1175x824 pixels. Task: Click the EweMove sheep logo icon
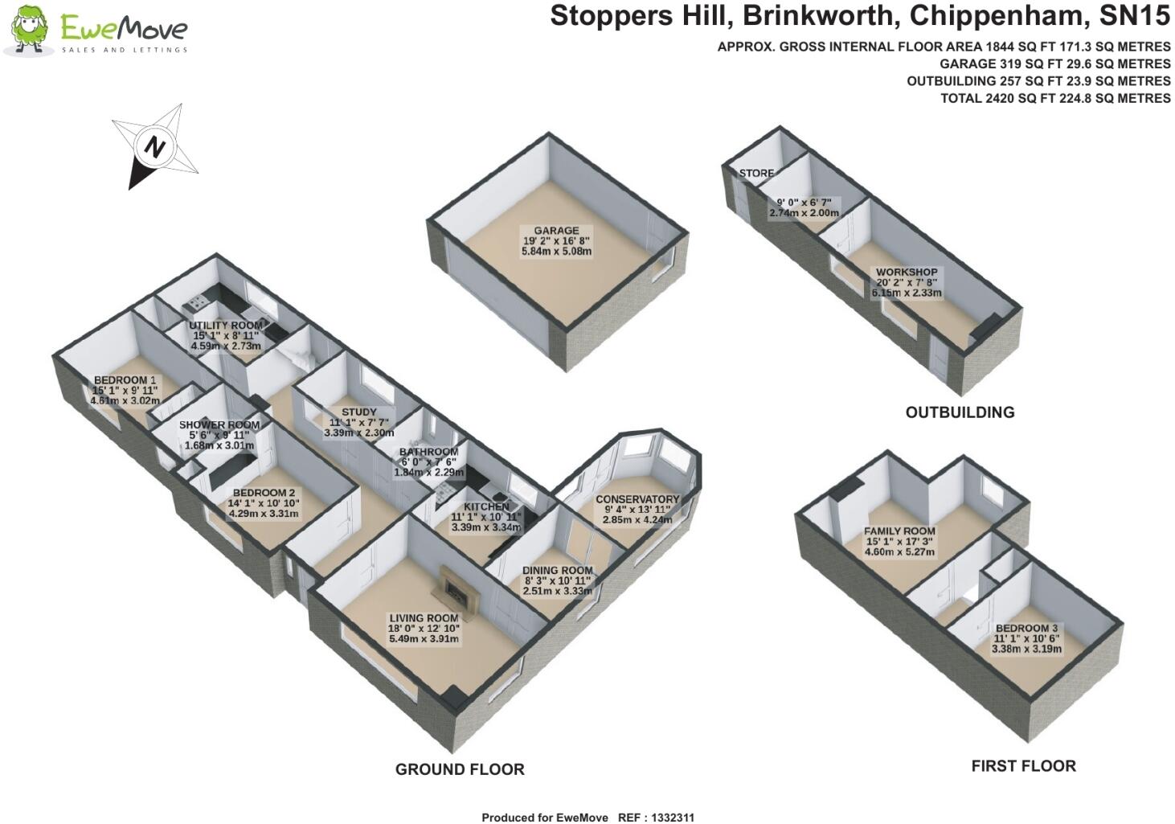(31, 31)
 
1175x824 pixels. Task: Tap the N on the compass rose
(154, 147)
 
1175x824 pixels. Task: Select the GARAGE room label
(556, 231)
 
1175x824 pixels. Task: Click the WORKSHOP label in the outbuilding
(907, 273)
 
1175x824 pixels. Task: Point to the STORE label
(756, 173)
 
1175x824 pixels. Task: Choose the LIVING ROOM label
(424, 618)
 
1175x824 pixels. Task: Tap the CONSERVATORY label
(637, 499)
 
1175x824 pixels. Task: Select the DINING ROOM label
(557, 570)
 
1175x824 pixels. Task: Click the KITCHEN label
(486, 507)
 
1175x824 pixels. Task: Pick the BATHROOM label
(428, 452)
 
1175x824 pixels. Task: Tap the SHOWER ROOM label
(219, 424)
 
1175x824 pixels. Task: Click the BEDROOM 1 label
(125, 379)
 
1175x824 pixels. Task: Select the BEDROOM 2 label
(264, 493)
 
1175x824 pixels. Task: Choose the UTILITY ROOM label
(226, 326)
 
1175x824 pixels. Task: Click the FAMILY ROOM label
(899, 531)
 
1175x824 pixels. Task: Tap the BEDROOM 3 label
(1026, 628)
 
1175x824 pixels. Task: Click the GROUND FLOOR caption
(460, 769)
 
